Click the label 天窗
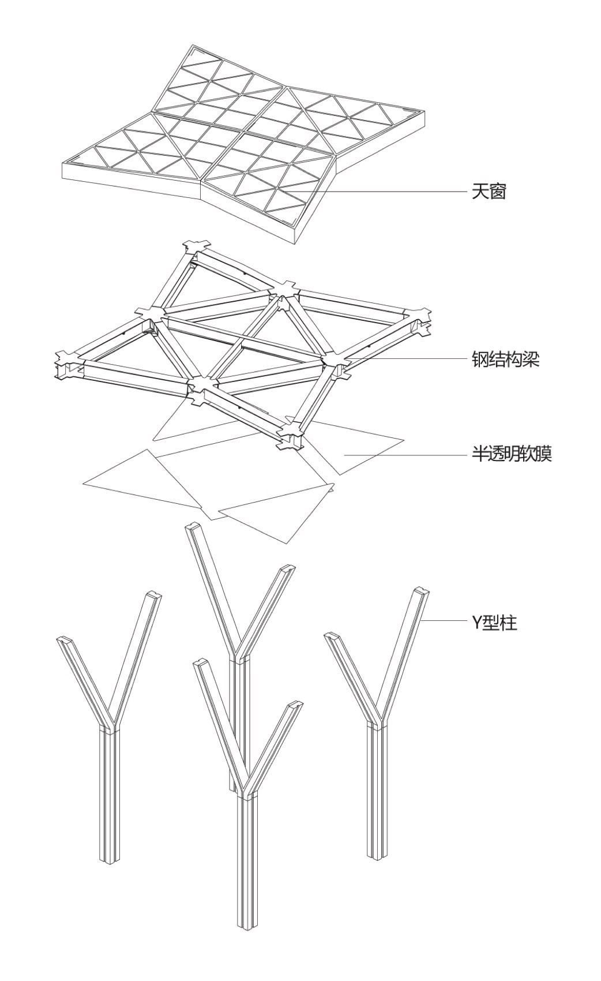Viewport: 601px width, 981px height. point(489,192)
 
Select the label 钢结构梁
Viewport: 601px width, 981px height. point(505,360)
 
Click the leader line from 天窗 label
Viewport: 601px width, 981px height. point(381,191)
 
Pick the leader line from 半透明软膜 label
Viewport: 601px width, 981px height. point(404,455)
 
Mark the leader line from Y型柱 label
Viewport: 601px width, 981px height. point(444,621)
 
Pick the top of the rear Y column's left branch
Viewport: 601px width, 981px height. point(193,528)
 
